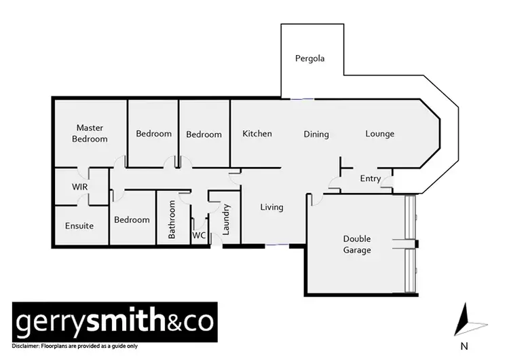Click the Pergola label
click(x=309, y=58)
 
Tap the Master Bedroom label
click(x=92, y=133)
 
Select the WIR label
click(x=80, y=187)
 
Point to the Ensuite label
click(x=79, y=226)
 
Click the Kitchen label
click(x=257, y=134)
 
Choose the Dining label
click(x=316, y=134)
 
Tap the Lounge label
click(x=379, y=134)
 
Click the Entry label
click(x=371, y=179)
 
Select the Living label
click(x=271, y=207)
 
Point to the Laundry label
click(x=227, y=219)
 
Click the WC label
click(x=199, y=235)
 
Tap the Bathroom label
click(x=172, y=219)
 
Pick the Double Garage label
click(x=357, y=245)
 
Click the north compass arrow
click(x=466, y=319)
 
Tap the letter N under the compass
click(x=465, y=346)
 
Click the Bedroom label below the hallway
click(x=132, y=219)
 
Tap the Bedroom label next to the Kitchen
click(x=204, y=134)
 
